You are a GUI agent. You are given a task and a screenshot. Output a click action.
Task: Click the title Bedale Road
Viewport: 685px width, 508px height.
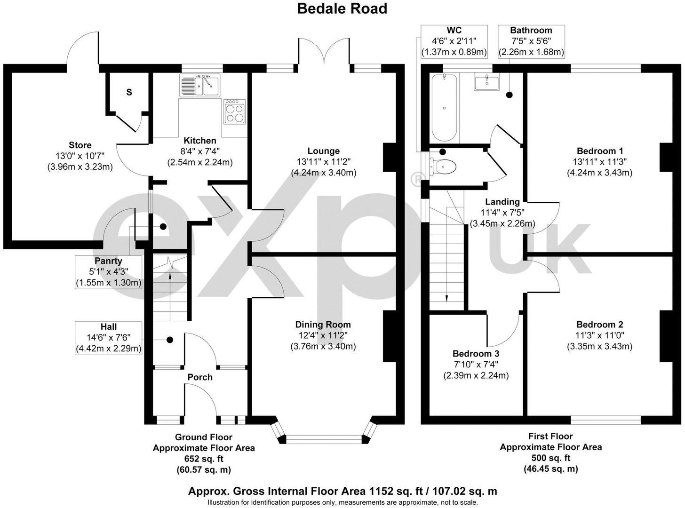[x=342, y=8]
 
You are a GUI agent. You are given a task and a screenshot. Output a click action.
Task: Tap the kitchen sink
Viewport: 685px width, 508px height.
[x=200, y=85]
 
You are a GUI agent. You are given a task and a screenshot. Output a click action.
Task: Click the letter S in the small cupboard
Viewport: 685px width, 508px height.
[x=129, y=92]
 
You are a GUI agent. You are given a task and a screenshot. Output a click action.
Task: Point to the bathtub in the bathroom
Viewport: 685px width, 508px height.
[x=444, y=108]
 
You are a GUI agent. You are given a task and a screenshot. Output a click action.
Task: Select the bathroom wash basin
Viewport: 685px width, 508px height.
[x=486, y=82]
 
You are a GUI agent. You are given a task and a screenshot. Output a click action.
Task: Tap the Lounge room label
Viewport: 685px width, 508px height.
[x=323, y=151]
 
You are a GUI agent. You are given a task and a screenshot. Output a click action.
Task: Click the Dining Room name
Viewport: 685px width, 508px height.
[x=323, y=325]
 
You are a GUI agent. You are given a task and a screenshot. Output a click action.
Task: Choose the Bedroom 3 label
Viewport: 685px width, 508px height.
[x=476, y=354]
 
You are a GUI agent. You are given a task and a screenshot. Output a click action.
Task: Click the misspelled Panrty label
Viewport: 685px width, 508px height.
[x=108, y=261]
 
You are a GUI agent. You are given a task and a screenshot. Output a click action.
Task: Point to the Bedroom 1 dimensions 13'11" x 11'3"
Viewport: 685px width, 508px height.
[x=599, y=162]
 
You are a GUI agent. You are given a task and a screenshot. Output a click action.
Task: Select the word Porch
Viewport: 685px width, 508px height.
[x=200, y=377]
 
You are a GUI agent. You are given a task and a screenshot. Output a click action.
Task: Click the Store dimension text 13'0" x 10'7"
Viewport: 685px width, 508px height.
[x=80, y=156]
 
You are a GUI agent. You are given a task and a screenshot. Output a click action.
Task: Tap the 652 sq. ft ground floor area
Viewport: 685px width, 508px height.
[x=204, y=459]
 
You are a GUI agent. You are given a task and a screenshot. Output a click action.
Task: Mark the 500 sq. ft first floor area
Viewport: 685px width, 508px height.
[x=550, y=458]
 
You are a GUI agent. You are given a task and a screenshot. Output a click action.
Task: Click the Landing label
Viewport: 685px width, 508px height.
[x=502, y=202]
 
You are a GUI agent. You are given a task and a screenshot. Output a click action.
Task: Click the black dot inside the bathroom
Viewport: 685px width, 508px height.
[x=509, y=95]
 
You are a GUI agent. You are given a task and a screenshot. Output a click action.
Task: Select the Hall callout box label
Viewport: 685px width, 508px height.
[x=108, y=327]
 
